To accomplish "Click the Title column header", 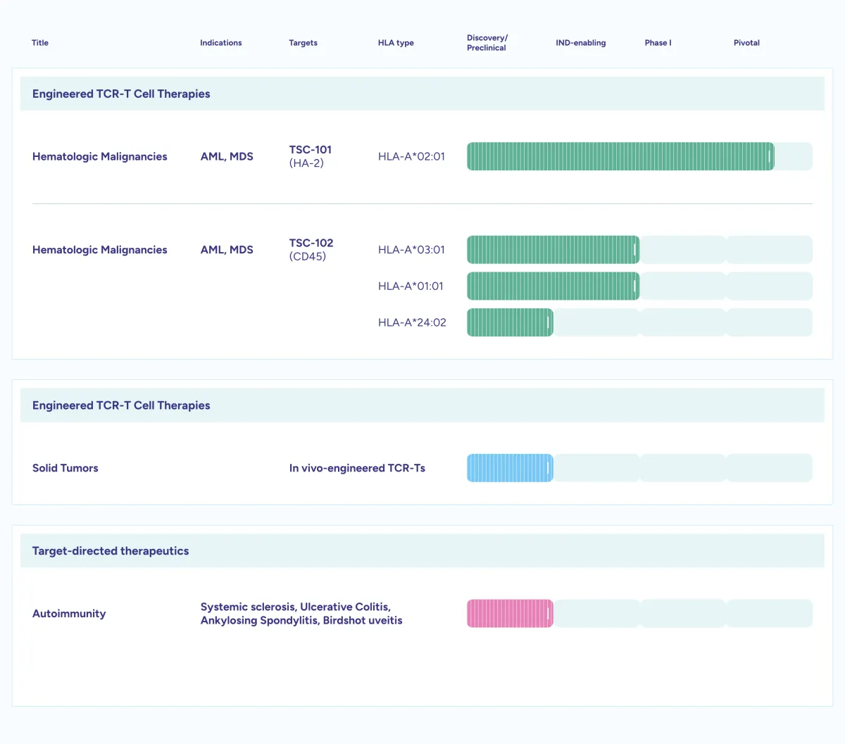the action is (40, 42).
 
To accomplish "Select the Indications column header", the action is (220, 42).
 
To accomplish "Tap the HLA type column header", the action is (396, 42).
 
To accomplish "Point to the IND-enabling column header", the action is (580, 42).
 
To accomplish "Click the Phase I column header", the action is (658, 42).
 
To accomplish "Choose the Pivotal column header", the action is (746, 42).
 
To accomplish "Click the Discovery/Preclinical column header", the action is (487, 42).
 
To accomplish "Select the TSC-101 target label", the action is (311, 149).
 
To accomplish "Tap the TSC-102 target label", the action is (311, 243).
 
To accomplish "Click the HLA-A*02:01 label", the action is (411, 156).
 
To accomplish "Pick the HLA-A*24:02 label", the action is (412, 322).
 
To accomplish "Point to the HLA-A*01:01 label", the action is (411, 286).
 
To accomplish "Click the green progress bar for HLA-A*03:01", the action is (553, 250).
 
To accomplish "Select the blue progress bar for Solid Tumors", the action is (510, 468).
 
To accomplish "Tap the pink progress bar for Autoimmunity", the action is (510, 614).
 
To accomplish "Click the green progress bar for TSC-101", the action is (620, 156).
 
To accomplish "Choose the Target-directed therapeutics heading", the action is (111, 551).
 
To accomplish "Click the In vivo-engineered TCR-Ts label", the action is (357, 468).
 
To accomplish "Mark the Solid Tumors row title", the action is (65, 468).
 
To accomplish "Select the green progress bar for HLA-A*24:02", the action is (510, 322).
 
